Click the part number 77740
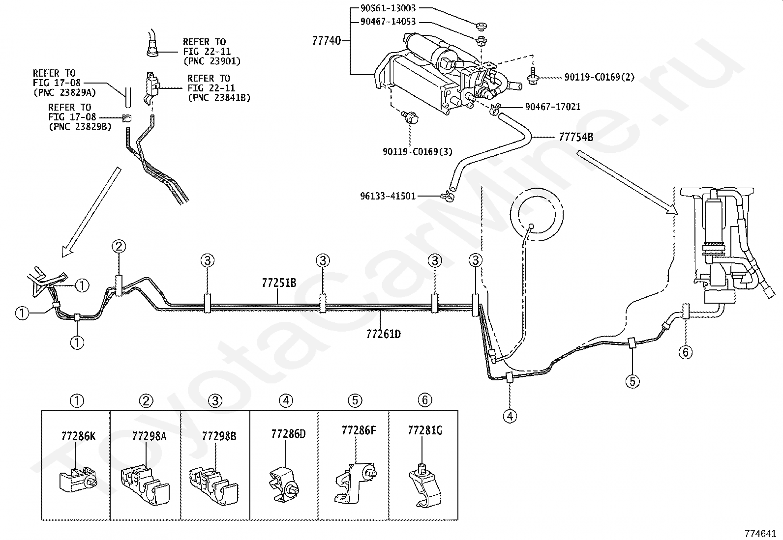coord(326,41)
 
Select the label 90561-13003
coord(388,8)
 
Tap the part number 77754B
coord(576,137)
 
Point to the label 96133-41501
coord(388,196)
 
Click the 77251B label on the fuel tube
coord(279,283)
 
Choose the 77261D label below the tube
coord(384,334)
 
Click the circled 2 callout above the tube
coord(119,247)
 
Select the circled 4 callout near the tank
coord(510,416)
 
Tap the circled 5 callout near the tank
coord(632,381)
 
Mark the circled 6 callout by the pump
coord(686,352)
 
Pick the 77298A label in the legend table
coord(149,436)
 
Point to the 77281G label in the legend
coord(425,430)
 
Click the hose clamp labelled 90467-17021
coord(496,109)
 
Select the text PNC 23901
coord(212,61)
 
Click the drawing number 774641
coord(760,533)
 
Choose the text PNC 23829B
coord(80,126)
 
